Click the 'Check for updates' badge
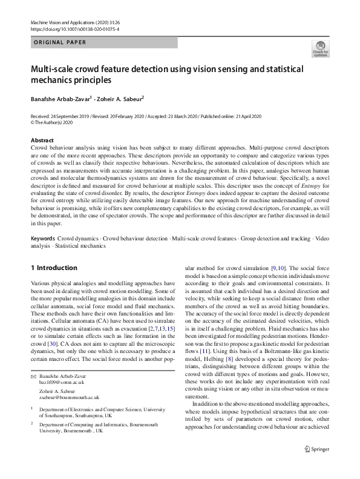tap(320, 48)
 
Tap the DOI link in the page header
tap(74, 29)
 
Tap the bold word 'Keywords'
tap(42, 256)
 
